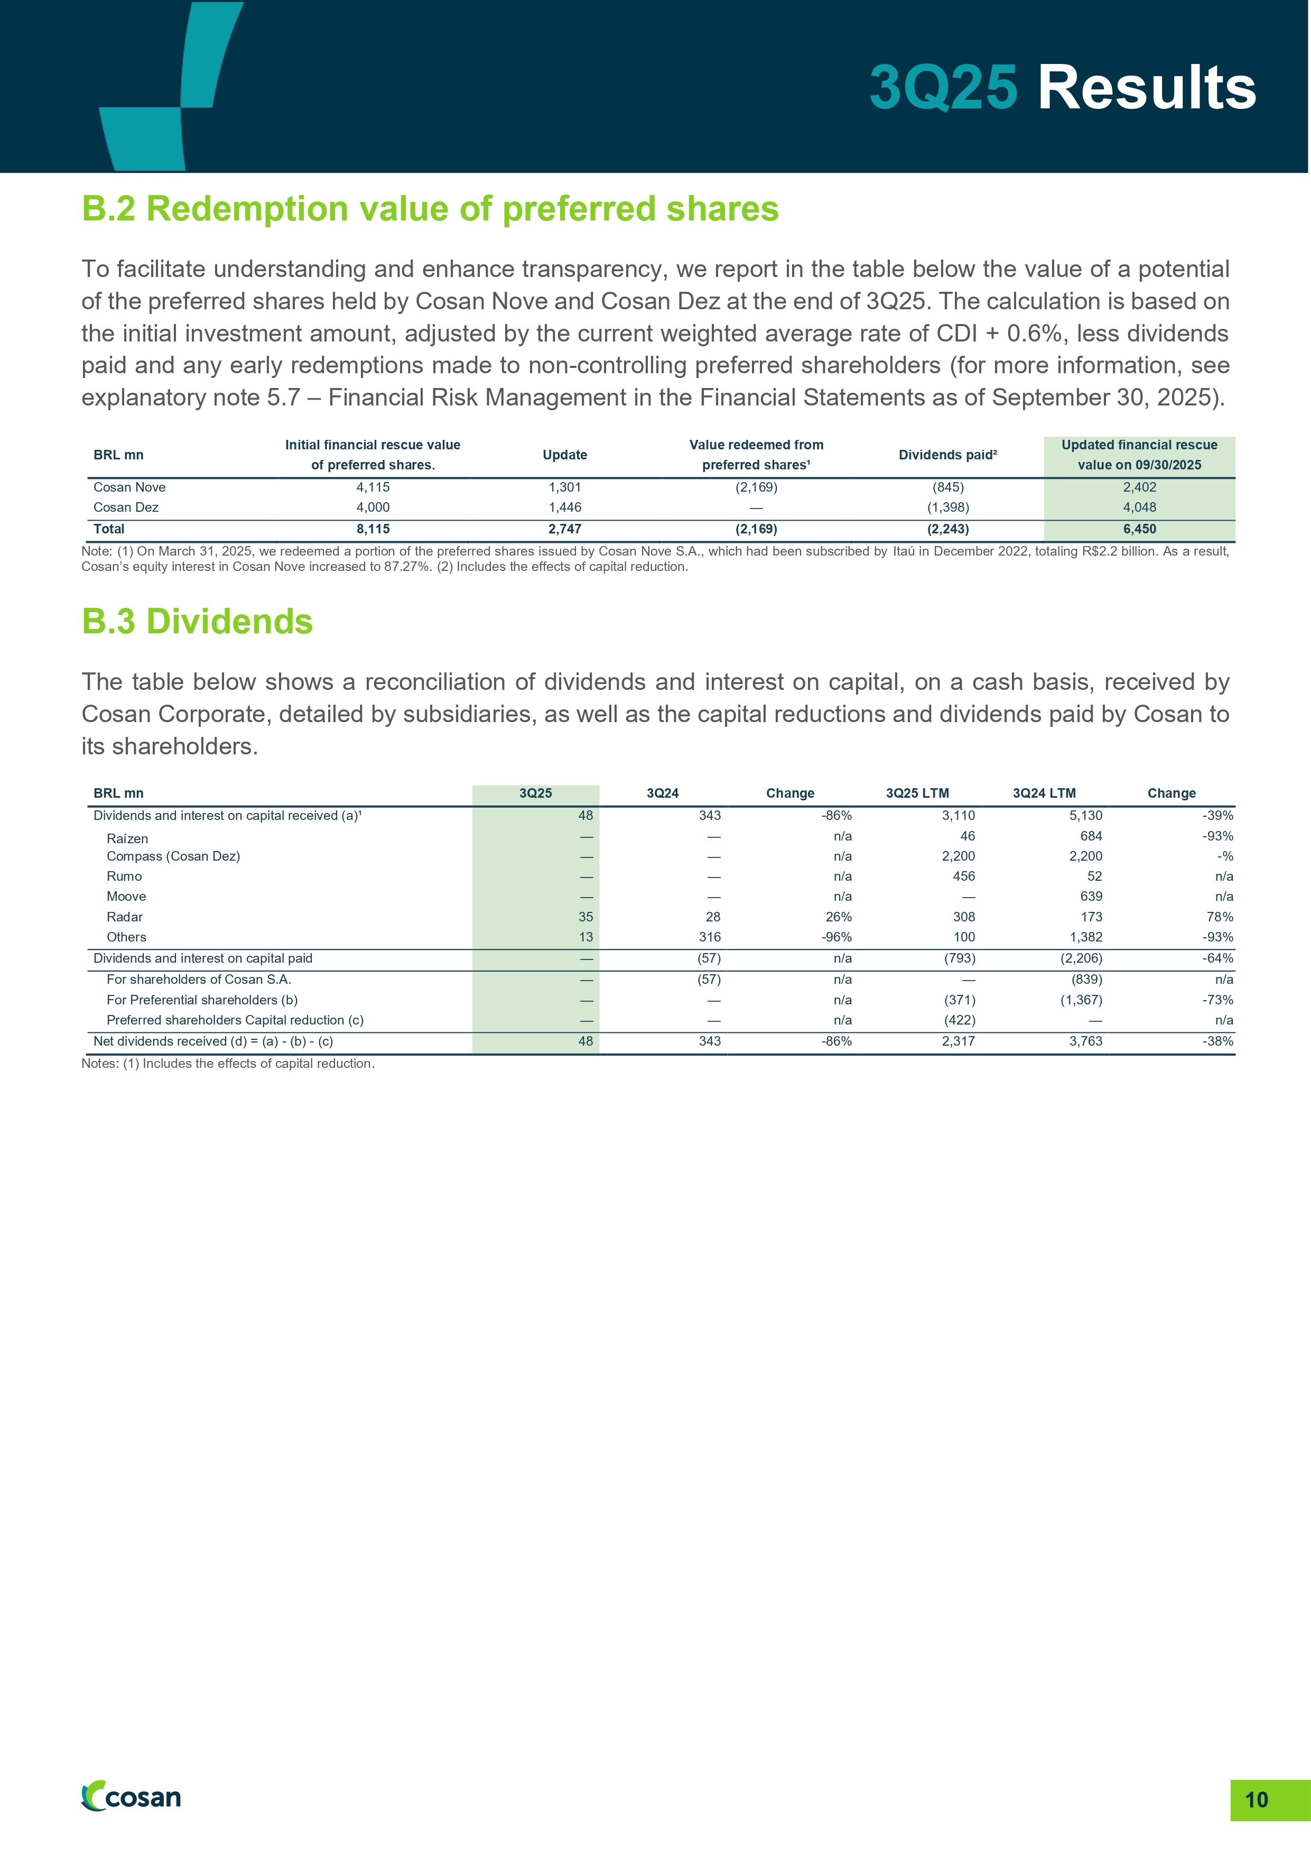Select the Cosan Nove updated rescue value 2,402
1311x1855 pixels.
[x=1139, y=487]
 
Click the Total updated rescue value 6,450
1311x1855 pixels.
[x=1139, y=529]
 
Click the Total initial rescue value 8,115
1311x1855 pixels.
[x=373, y=529]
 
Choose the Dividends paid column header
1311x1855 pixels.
[x=947, y=455]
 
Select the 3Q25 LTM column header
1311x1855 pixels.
[x=917, y=793]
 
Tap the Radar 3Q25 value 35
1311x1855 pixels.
[x=585, y=917]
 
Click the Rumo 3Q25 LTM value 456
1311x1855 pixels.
[x=964, y=876]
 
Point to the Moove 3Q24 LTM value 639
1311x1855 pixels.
[x=1091, y=897]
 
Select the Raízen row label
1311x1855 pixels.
[x=128, y=838]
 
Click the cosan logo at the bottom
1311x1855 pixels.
[x=132, y=1797]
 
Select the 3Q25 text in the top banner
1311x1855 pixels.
[x=943, y=87]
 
